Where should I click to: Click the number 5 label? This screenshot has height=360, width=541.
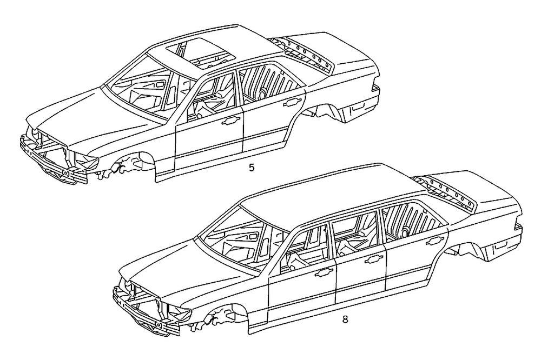click(x=251, y=168)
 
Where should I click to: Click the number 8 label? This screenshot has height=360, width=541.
click(x=345, y=319)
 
